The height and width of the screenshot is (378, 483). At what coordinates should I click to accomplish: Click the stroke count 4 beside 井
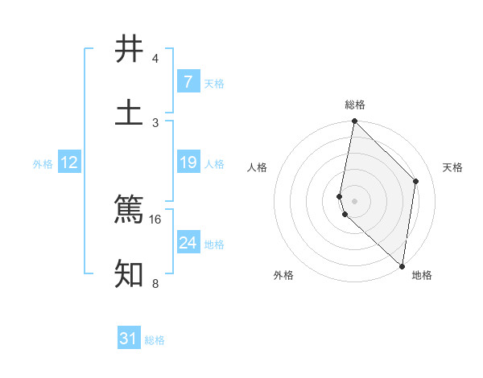[x=155, y=59]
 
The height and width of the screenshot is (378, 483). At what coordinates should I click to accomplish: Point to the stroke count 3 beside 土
[x=155, y=121]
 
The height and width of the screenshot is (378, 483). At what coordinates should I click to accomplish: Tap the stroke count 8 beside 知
[x=155, y=283]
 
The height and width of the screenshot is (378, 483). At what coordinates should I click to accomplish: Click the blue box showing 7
[x=188, y=82]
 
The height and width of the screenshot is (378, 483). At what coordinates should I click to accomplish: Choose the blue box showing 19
[x=188, y=162]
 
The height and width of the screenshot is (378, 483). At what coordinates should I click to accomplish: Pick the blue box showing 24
[x=188, y=242]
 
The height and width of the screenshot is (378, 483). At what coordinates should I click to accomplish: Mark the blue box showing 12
[x=69, y=162]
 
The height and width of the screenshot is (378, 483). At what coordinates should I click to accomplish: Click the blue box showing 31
[x=129, y=339]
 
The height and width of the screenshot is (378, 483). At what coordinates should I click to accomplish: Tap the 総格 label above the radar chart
[x=355, y=105]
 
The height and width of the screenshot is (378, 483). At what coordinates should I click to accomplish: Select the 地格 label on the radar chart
[x=422, y=275]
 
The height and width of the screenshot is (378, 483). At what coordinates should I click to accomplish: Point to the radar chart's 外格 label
[x=283, y=275]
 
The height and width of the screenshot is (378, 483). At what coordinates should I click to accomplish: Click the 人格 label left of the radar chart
[x=258, y=167]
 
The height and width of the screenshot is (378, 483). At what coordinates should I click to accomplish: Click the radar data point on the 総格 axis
[x=354, y=121]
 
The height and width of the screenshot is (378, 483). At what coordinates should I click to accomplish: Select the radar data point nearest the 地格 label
[x=402, y=265]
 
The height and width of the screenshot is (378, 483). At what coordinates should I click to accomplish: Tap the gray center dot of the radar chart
[x=354, y=200]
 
